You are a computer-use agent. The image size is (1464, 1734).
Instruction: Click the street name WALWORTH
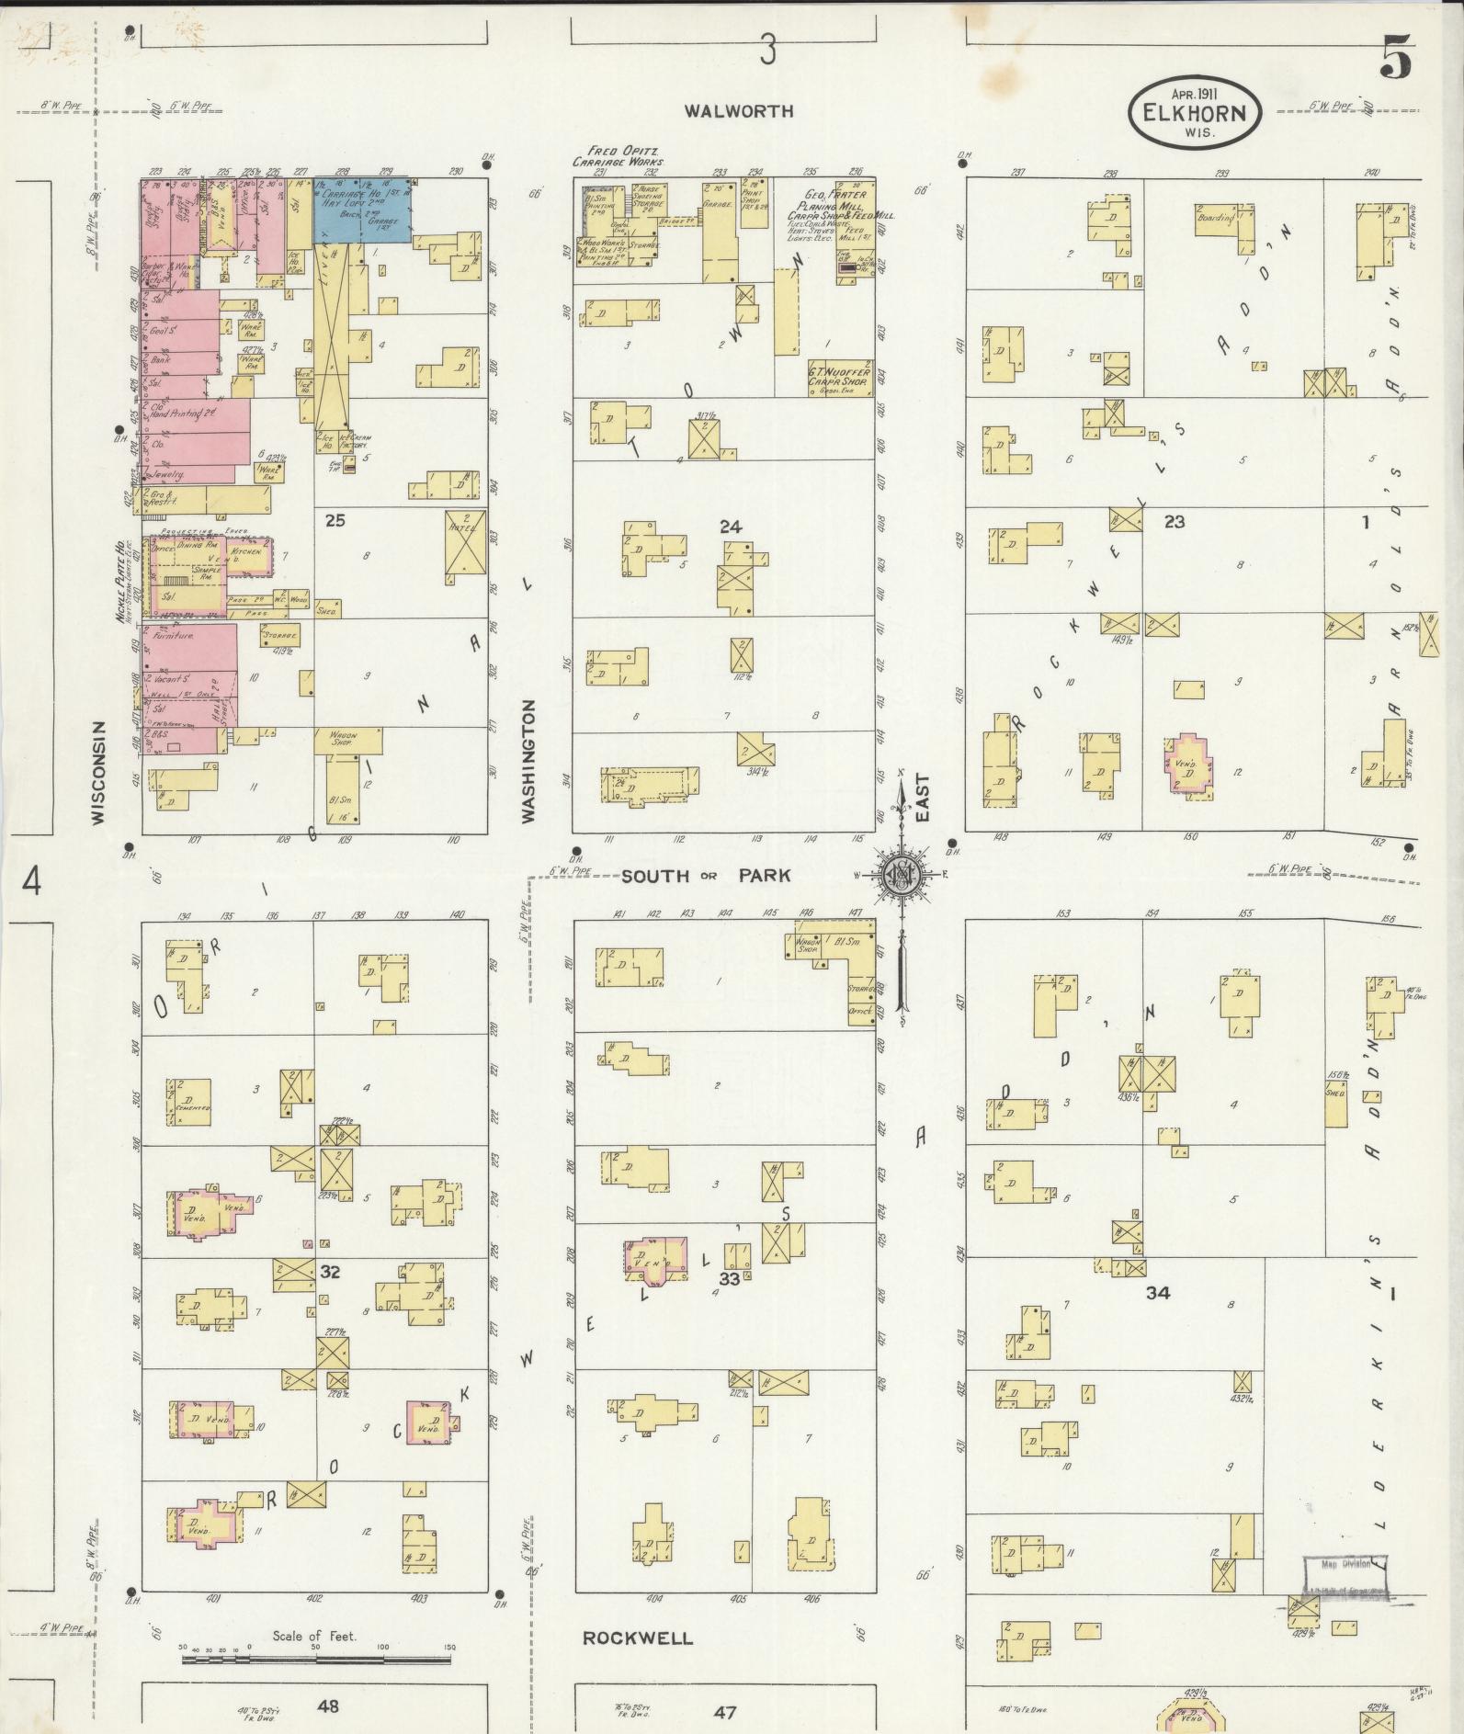738,111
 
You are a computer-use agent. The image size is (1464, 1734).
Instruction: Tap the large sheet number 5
1395,60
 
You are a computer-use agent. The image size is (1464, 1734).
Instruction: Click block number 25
335,521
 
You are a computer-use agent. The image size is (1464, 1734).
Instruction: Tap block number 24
731,527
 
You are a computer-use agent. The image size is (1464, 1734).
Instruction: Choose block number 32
331,1272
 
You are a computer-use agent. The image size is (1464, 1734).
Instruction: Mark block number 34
1157,1293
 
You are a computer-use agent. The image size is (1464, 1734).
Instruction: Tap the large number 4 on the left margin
32,882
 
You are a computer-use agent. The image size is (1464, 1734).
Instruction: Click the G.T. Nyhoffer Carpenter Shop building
839,379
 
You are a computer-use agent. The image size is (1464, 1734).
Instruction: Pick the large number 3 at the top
767,51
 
